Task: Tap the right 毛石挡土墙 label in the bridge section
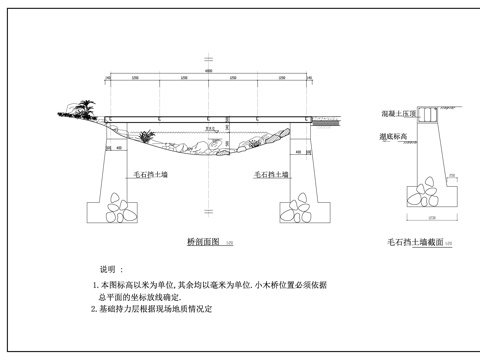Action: point(271,174)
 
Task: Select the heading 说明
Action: point(109,270)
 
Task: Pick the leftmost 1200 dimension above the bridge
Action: point(133,78)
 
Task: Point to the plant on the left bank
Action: point(82,105)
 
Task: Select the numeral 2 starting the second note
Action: point(93,310)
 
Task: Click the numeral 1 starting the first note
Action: point(93,286)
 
